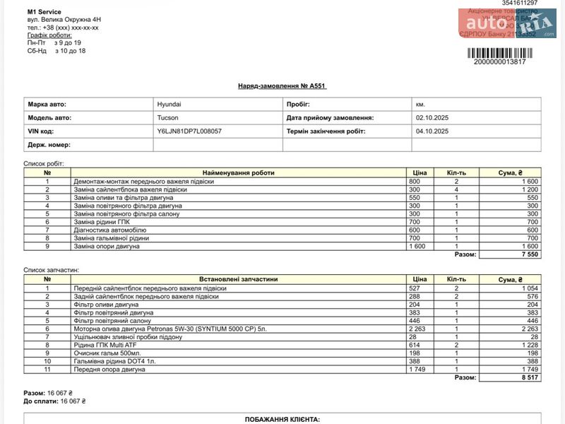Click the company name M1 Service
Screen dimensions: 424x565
44,12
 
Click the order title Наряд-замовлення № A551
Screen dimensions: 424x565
282,86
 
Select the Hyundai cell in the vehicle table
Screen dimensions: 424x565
169,104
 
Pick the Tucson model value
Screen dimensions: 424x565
167,117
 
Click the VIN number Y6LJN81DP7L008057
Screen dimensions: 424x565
189,131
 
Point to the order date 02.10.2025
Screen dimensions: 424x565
432,117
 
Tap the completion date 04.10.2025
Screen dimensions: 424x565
432,131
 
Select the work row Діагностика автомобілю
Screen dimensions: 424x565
110,230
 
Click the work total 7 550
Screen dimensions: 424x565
529,254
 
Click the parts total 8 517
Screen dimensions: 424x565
529,377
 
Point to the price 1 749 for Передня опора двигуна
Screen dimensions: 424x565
417,370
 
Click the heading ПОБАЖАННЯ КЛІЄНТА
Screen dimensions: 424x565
282,419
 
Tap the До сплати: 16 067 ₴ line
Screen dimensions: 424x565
54,401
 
